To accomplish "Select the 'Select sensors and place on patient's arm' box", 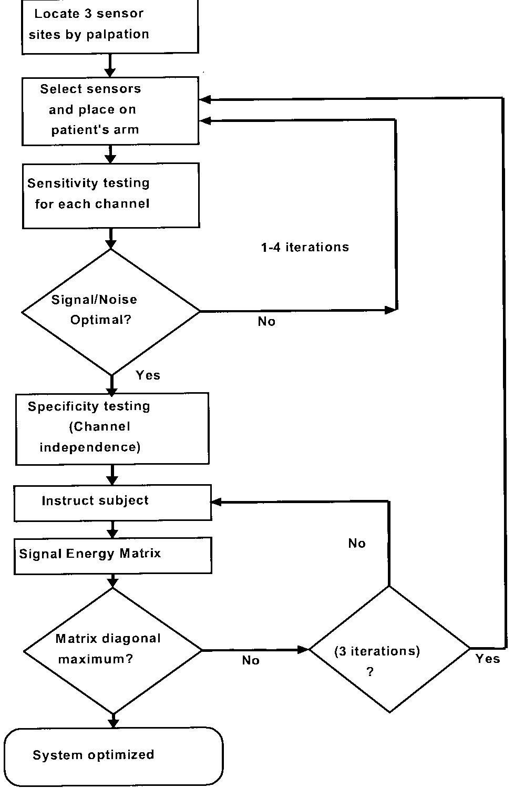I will pos(110,110).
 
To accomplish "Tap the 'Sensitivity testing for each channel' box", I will pos(110,195).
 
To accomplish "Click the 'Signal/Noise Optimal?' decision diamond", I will pos(110,311).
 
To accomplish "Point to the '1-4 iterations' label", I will pos(305,247).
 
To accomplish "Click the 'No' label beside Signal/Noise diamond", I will pos(266,322).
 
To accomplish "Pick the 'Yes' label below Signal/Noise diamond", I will pos(148,375).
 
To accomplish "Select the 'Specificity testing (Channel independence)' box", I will pos(112,428).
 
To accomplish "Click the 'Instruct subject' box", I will pos(112,502).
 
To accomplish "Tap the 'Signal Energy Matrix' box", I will pos(112,555).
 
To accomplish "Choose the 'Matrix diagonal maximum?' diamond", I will pos(112,650).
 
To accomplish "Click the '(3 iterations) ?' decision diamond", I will pos(389,650).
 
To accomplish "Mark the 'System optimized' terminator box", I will pos(113,755).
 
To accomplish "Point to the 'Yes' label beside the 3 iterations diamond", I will pos(488,659).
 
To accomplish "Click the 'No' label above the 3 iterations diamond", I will pos(357,544).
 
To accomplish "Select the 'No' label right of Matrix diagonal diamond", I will pos(251,661).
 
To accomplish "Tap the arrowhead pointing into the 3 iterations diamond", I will pos(303,650).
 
